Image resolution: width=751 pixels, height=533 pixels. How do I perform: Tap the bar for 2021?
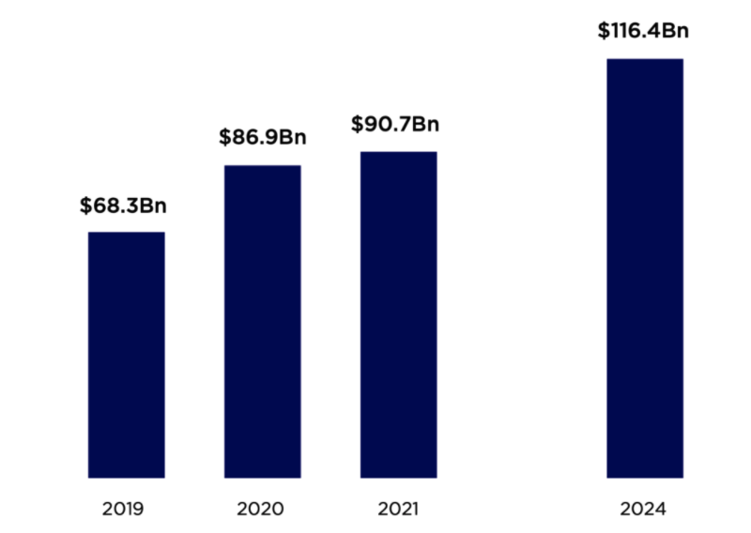398,314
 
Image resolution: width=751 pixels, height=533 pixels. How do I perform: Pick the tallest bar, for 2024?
644,267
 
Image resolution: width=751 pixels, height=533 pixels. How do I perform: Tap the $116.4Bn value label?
643,31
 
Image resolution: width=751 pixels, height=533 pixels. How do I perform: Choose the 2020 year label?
262,510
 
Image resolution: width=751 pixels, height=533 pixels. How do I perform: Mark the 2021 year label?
398,510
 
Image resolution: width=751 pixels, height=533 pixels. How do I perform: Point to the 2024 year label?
643,510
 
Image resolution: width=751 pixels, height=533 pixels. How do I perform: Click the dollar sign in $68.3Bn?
85,205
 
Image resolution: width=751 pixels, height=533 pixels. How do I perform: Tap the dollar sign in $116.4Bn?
603,31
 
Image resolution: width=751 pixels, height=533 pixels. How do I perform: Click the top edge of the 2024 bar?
644,60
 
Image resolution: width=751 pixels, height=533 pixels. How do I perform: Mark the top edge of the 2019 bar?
126,233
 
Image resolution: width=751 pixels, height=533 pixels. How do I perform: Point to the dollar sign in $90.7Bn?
356,124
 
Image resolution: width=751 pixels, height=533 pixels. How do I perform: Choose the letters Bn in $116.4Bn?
677,31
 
